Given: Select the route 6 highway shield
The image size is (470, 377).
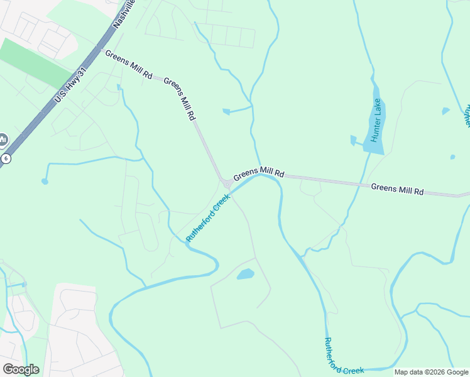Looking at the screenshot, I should click(x=5, y=158).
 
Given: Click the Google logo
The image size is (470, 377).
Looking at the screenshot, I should click(x=21, y=369).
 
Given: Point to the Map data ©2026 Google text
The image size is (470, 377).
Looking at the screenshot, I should click(x=432, y=372).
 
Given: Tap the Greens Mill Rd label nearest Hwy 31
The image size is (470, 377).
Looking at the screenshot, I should click(x=129, y=65).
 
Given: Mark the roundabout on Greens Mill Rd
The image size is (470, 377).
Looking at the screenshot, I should click(x=225, y=183).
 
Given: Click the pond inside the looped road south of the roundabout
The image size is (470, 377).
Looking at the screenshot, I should click(x=245, y=275).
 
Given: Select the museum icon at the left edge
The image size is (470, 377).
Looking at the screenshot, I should click(x=3, y=139).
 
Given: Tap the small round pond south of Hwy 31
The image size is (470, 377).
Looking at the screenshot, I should click(x=45, y=182).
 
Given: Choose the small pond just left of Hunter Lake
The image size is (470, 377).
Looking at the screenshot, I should click(x=353, y=139).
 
